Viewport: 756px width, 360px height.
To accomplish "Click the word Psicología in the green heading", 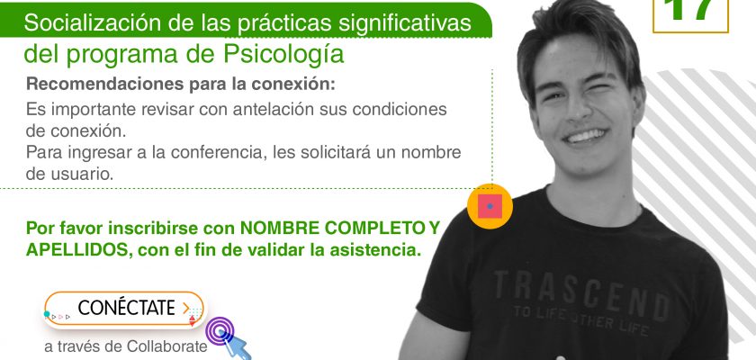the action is pos(283,55).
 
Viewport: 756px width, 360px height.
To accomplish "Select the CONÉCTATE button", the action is pos(124,309).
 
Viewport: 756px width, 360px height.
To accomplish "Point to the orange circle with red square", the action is pos(490,206).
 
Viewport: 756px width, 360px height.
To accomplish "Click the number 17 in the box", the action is pos(690,10).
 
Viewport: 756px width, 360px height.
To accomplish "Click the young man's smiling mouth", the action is pos(585,135).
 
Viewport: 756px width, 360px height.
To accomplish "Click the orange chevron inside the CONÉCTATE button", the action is pos(186,308).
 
